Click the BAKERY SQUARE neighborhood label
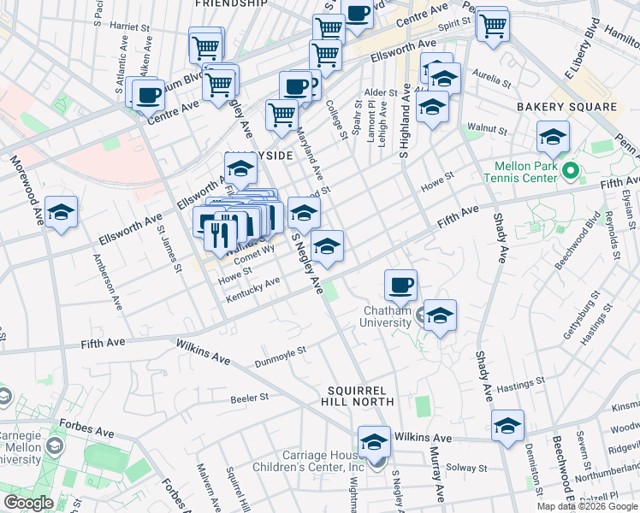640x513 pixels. coord(566,107)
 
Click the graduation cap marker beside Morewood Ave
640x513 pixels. coord(62,211)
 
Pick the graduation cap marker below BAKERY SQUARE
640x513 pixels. coord(553,136)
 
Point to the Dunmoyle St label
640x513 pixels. coord(280,357)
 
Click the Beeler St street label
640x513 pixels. coord(250,398)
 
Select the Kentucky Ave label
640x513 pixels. coord(252,290)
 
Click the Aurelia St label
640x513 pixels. coord(494,85)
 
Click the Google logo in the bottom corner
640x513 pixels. coord(28,503)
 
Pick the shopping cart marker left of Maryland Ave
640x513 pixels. coord(281,114)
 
